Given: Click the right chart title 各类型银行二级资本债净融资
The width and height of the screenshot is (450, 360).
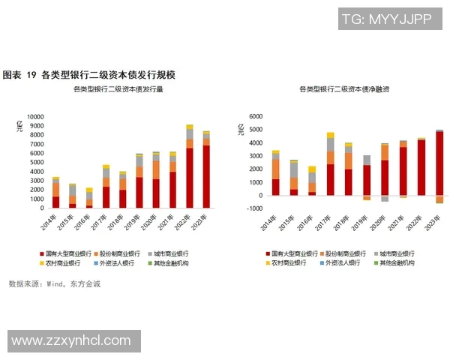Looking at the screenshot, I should coord(343,89).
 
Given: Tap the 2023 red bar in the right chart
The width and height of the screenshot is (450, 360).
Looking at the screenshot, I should coord(439,163).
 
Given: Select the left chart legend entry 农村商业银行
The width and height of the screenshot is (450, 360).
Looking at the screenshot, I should coord(64,263).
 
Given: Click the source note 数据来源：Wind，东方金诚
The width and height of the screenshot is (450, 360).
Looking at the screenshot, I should coord(54,284).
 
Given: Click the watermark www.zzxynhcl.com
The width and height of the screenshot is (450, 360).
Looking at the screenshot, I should coord(71,341).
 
